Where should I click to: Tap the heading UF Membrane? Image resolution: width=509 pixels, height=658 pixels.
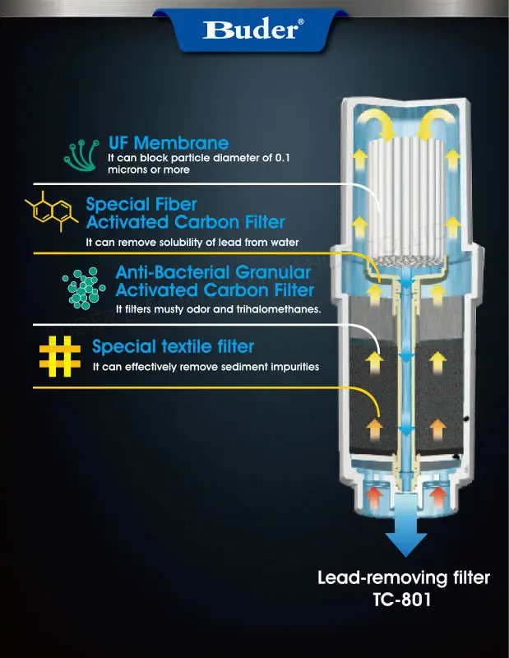click(168, 143)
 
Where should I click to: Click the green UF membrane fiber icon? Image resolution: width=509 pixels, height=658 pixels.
click(82, 152)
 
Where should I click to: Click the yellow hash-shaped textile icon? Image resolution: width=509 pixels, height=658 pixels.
click(60, 355)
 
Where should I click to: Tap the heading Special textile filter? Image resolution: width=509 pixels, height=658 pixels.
click(173, 346)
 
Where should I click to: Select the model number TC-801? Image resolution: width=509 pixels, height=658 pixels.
click(404, 600)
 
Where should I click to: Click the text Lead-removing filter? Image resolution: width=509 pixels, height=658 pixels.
click(404, 578)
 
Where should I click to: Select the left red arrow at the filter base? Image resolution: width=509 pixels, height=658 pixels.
click(374, 496)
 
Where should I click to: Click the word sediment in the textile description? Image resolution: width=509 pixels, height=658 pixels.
click(251, 366)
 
